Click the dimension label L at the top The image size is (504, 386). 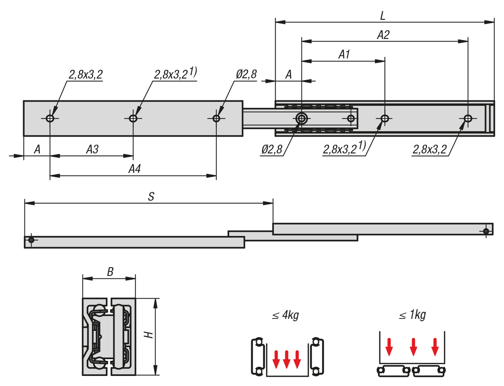(383, 16)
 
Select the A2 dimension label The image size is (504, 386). (383, 35)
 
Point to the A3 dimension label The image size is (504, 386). (92, 149)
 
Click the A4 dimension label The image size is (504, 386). (134, 169)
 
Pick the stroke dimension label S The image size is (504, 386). (152, 196)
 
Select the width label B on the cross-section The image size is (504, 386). (110, 272)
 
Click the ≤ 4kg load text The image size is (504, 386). (285, 315)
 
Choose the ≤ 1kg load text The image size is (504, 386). (412, 315)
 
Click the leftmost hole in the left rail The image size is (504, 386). (50, 118)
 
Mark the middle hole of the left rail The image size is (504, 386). (133, 118)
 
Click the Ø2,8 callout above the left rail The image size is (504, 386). (246, 75)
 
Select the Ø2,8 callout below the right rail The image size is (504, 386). (271, 149)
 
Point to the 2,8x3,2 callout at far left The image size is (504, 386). (86, 75)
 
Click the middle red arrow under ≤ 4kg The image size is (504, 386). (287, 359)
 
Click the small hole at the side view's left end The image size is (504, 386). (31, 240)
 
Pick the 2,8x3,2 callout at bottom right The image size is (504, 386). (429, 149)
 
